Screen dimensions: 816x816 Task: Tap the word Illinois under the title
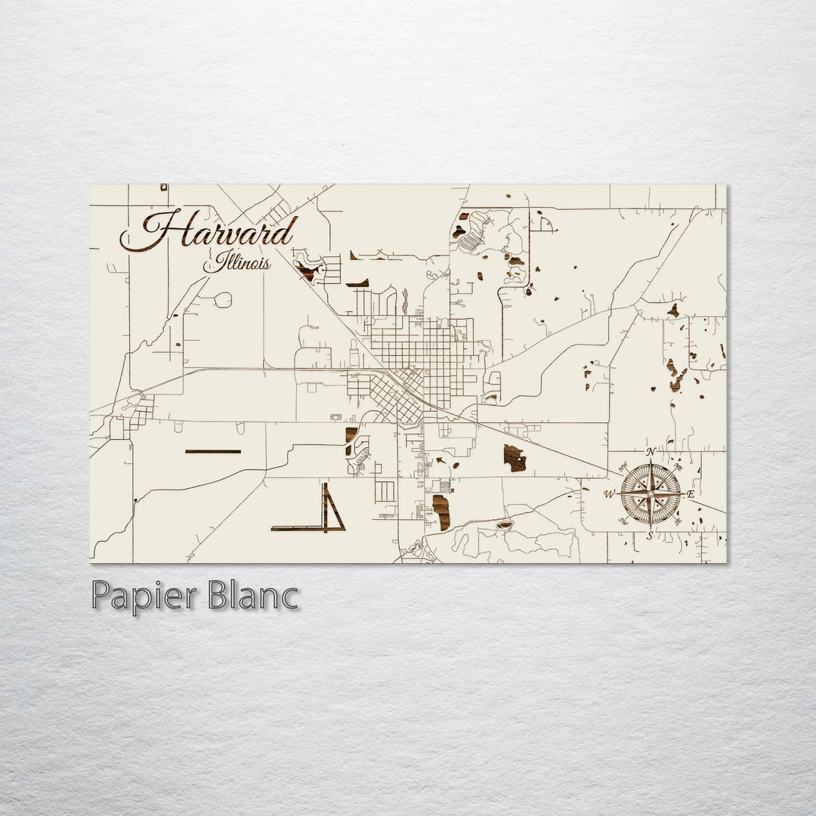(x=236, y=264)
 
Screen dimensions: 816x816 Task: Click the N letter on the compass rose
(x=651, y=452)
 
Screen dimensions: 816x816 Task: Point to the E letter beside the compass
(x=691, y=493)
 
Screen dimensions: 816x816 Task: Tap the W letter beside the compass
(x=609, y=494)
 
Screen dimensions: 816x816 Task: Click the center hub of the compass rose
(x=651, y=493)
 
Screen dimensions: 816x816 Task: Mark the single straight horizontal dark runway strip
(x=213, y=451)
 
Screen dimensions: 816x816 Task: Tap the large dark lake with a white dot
(x=515, y=458)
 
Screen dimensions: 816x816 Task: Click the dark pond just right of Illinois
(x=307, y=270)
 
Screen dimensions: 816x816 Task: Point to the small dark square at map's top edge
(x=163, y=187)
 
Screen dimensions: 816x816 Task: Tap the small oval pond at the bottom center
(x=503, y=524)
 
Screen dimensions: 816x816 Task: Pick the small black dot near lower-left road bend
(x=135, y=500)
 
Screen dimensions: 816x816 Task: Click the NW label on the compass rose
(x=624, y=466)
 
